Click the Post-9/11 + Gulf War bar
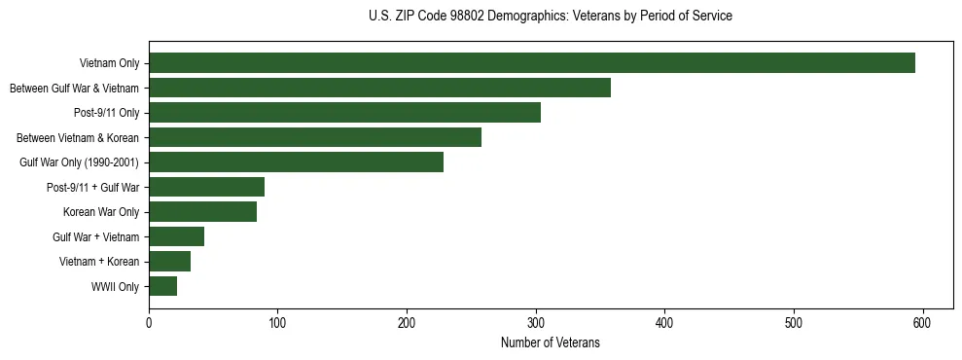[x=206, y=187]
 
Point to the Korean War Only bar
[x=202, y=212]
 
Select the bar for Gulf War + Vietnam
[x=176, y=236]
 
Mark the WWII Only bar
[x=162, y=286]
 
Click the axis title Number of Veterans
[x=550, y=343]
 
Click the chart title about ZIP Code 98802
[x=550, y=17]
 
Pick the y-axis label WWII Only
[x=115, y=287]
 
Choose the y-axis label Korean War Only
[x=101, y=212]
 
